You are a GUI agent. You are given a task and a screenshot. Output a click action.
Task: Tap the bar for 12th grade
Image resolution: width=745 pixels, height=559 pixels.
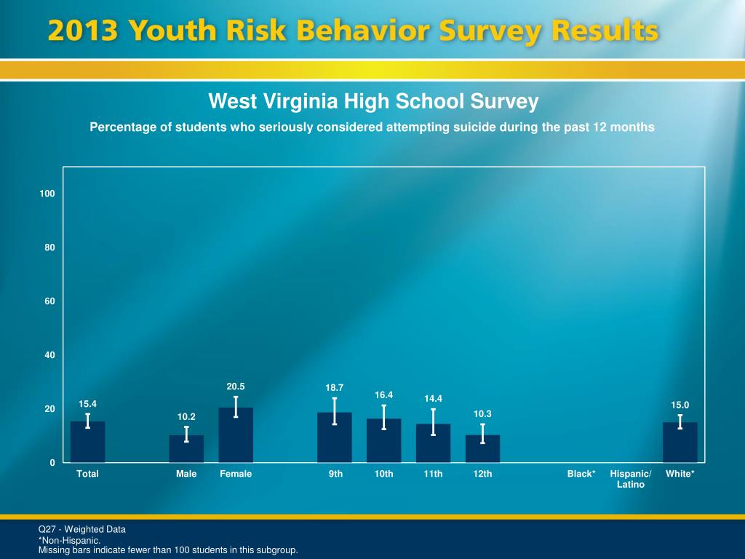point(482,449)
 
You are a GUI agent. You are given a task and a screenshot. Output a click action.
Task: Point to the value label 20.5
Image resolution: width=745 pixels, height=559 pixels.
point(236,386)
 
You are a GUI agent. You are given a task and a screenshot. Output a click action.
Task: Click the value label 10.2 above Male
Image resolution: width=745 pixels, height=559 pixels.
point(186,417)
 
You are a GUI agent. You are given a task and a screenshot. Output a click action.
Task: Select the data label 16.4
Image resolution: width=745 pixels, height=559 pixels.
point(384,395)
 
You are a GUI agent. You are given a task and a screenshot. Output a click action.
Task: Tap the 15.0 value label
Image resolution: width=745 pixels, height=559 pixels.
point(680,405)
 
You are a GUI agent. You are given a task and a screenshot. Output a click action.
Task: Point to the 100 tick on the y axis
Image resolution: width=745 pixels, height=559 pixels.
point(48,194)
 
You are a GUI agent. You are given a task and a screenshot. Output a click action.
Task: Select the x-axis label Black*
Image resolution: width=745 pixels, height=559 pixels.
point(581,474)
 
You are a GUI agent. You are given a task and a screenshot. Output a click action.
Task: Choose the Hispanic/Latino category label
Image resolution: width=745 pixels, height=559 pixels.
point(631,479)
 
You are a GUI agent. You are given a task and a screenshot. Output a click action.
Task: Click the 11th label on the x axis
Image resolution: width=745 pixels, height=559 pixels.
point(433,474)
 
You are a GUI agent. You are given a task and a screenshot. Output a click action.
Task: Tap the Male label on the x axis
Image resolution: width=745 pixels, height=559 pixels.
point(186,474)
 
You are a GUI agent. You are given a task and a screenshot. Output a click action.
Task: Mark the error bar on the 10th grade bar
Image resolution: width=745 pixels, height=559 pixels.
point(384,417)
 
